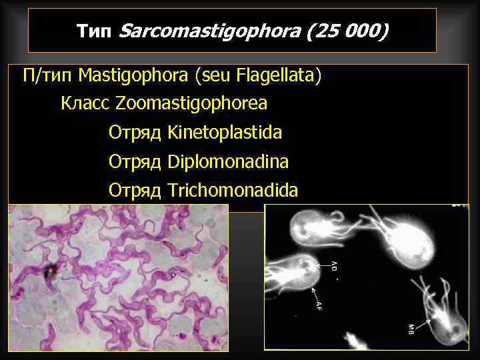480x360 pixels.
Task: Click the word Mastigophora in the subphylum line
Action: pyautogui.click(x=133, y=76)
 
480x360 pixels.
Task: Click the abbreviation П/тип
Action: pyautogui.click(x=48, y=76)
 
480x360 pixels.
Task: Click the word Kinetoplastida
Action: pyautogui.click(x=225, y=133)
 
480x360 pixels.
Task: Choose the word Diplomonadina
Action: pyautogui.click(x=228, y=162)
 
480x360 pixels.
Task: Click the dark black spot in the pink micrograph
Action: pyautogui.click(x=49, y=271)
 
